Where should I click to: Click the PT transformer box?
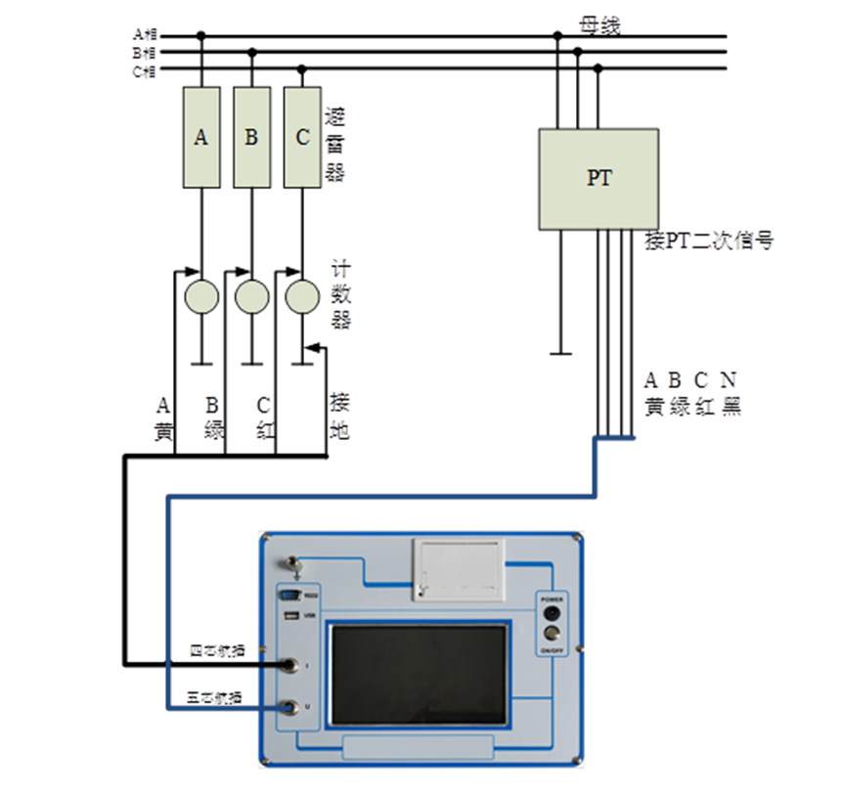click(598, 179)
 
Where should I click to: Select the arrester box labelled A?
click(200, 137)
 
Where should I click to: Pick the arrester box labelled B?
click(251, 137)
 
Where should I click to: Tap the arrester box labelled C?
click(302, 137)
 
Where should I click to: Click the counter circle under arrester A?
click(201, 295)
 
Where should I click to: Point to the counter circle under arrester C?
click(302, 295)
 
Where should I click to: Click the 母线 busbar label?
click(599, 26)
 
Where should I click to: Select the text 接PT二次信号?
click(709, 241)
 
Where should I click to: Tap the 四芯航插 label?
click(216, 649)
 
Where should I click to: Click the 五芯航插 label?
click(216, 696)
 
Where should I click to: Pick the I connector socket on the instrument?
click(290, 665)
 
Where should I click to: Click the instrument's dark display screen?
click(420, 675)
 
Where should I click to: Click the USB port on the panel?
click(289, 615)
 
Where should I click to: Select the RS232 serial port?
click(290, 594)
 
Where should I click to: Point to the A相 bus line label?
click(144, 35)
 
